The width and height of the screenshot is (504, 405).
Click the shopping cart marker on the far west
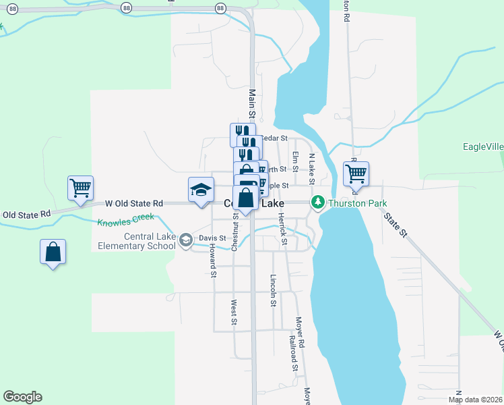point(80,187)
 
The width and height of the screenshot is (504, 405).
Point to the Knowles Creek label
point(125,220)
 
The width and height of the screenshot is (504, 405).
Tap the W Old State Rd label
point(134,202)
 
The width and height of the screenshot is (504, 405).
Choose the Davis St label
point(212,238)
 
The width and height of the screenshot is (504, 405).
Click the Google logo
point(22,397)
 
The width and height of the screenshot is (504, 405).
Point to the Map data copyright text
point(476,400)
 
